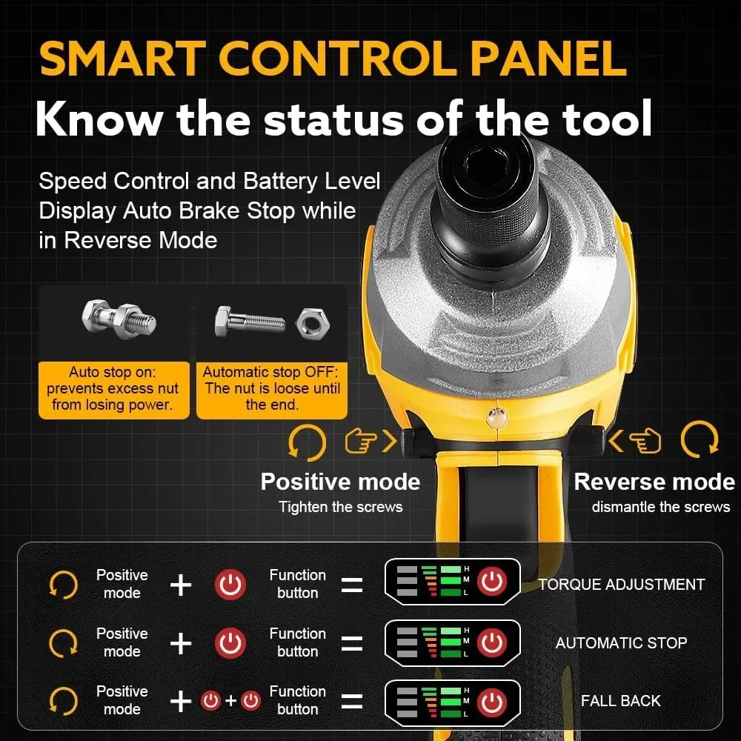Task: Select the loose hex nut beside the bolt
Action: (312, 323)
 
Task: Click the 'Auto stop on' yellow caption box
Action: (113, 390)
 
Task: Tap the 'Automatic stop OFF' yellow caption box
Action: (272, 390)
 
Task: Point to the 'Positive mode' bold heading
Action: (340, 482)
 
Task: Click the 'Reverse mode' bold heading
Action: (654, 482)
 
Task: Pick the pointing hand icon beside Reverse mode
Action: (645, 440)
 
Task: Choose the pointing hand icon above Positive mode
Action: (361, 441)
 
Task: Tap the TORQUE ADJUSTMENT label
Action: (622, 585)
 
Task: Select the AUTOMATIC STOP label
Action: (622, 642)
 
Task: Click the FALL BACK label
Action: (620, 700)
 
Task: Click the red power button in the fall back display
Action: (492, 702)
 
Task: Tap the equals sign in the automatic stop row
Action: (352, 643)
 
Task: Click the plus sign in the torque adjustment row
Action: (181, 585)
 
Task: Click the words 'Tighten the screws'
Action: (340, 507)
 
